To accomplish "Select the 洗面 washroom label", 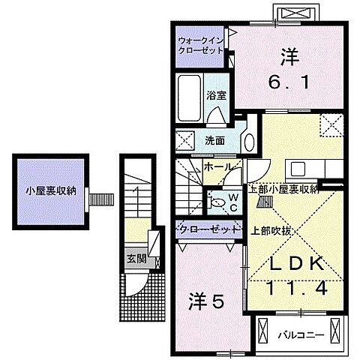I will click(215, 139).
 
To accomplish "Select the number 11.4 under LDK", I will click(295, 289).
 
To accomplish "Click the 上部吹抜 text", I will click(269, 230).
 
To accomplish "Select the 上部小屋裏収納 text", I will click(284, 189).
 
